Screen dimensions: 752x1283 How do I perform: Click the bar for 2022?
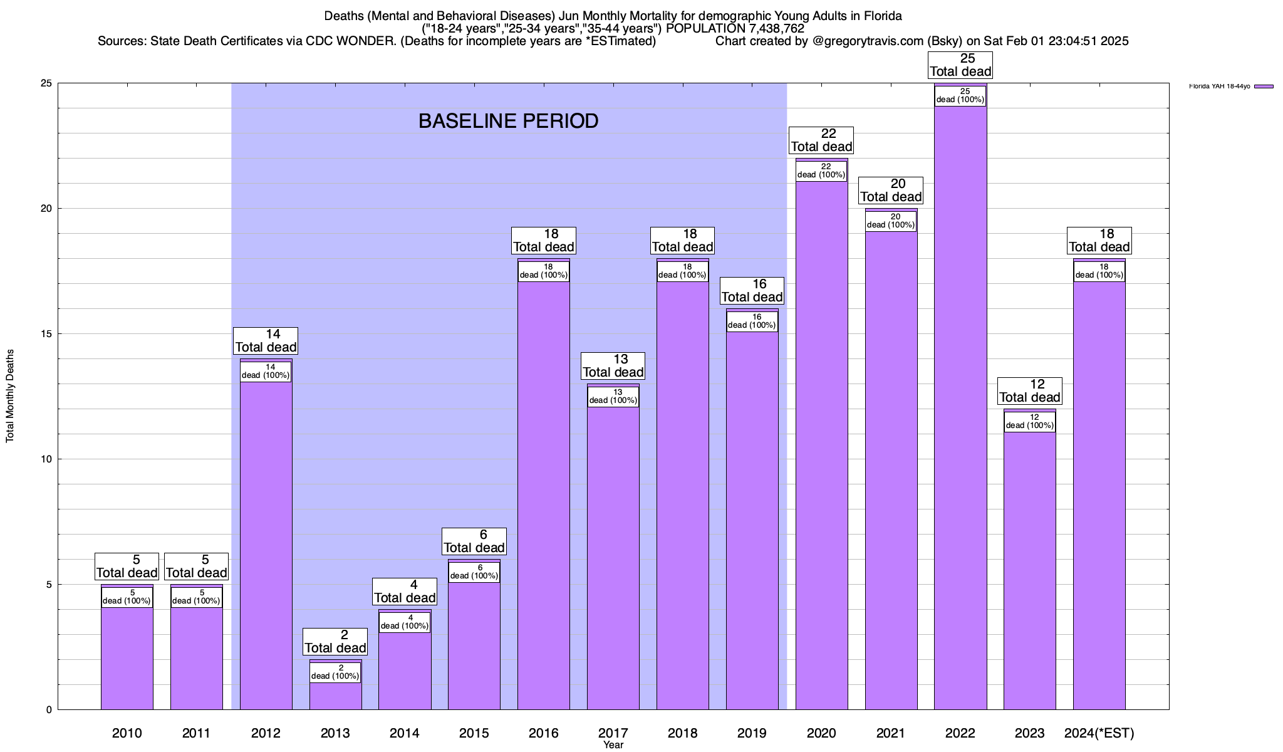point(960,407)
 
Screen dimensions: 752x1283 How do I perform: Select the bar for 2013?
point(335,696)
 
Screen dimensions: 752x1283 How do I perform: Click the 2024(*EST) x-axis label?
point(1099,733)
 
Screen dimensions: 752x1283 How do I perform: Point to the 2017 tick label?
point(613,733)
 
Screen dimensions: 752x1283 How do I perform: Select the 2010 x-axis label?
point(127,733)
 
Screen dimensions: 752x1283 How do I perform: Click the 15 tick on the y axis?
point(46,334)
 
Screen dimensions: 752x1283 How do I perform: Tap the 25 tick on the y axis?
point(46,83)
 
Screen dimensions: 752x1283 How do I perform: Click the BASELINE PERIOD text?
point(508,121)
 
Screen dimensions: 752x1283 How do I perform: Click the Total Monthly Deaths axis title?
point(10,396)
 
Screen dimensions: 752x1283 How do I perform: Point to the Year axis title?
point(613,745)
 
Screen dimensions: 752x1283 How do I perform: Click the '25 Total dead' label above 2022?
point(960,65)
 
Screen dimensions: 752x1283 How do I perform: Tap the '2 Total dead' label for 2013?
point(335,642)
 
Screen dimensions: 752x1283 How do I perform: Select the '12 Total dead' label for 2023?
point(1029,391)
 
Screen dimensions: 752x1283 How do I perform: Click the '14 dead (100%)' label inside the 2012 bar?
point(266,372)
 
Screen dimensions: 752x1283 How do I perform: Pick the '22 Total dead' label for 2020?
point(821,140)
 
